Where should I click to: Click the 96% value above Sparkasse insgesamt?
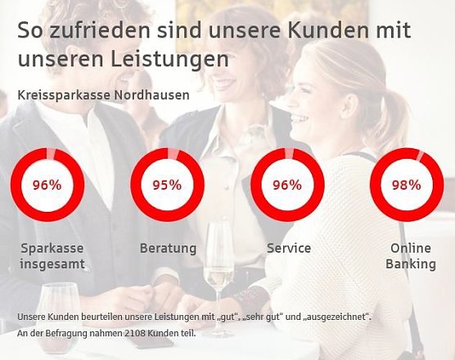pos(47,184)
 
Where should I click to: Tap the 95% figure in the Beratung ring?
pos(167,184)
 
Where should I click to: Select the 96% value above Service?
pos(286,184)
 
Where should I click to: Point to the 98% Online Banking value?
pos(407,184)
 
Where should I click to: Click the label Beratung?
pos(168,248)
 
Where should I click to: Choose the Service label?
pos(289,248)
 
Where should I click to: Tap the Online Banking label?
pos(412,256)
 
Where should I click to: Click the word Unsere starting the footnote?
pos(29,316)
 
